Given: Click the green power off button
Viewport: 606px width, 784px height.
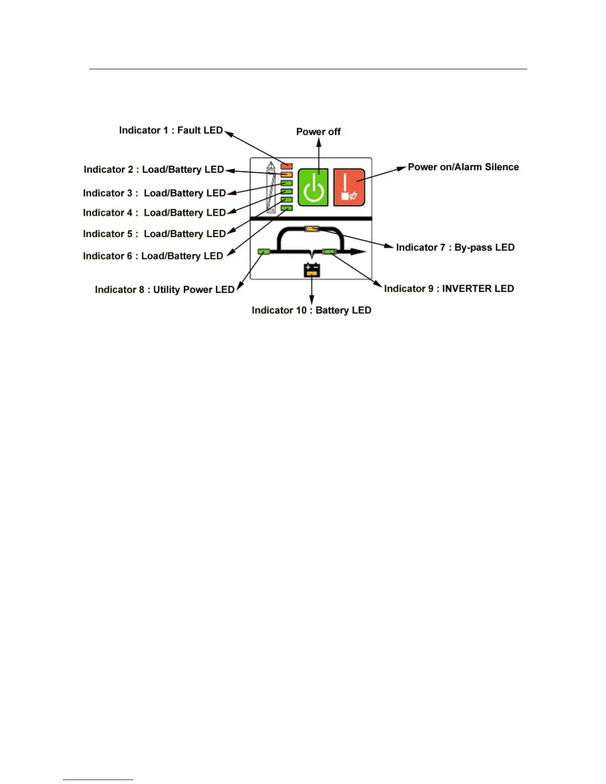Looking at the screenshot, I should [313, 187].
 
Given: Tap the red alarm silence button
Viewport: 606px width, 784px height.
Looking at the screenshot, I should [349, 187].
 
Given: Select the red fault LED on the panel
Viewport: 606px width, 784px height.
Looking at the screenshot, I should [287, 166].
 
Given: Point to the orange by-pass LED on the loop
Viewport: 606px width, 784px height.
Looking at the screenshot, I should [312, 228].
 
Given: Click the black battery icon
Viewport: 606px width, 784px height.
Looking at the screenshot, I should [312, 270].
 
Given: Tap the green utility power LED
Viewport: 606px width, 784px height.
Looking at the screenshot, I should [264, 252].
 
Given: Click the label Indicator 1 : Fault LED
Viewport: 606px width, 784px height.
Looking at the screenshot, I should [171, 130].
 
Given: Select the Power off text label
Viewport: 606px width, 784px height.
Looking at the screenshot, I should [318, 132].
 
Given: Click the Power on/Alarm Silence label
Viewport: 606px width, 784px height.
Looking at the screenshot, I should [463, 167].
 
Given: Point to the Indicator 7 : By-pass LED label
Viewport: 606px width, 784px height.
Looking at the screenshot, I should [455, 247].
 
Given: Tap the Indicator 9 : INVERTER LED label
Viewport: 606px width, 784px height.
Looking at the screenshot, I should [449, 289].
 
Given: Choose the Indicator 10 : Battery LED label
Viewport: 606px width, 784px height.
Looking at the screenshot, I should [311, 310].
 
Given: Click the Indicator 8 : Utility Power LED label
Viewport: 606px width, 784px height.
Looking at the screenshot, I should [164, 290].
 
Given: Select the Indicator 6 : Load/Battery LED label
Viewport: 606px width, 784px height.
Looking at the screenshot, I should [153, 256].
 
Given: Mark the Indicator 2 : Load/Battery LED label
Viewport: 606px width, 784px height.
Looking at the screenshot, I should [153, 169].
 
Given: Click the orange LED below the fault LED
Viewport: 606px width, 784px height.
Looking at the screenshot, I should [287, 175].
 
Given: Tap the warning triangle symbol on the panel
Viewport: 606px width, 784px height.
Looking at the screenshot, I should [271, 165].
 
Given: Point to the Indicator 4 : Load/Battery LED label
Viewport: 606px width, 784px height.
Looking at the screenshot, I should [154, 213].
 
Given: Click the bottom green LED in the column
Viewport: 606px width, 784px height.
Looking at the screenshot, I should [287, 208].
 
